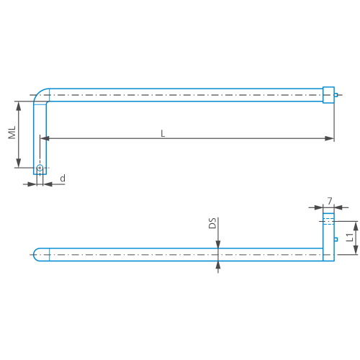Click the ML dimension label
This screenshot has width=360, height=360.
point(12,134)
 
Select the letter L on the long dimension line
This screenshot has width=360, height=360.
point(163,133)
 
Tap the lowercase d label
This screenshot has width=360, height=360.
point(63,178)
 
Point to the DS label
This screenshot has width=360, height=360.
point(212,223)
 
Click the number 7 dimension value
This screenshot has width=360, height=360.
point(329,201)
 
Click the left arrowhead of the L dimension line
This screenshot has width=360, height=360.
point(51,138)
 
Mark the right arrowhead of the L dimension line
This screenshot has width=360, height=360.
point(329,138)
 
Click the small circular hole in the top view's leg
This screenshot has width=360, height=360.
point(40,168)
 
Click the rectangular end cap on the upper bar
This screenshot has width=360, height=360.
point(328,95)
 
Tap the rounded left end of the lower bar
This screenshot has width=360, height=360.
point(37,254)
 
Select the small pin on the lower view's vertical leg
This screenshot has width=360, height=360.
point(336,240)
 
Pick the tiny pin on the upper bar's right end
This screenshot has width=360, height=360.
point(336,95)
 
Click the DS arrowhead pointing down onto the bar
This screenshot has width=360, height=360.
point(218,245)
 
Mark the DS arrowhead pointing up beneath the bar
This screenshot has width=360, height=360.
point(218,264)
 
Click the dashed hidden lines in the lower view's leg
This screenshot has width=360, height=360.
point(328,220)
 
